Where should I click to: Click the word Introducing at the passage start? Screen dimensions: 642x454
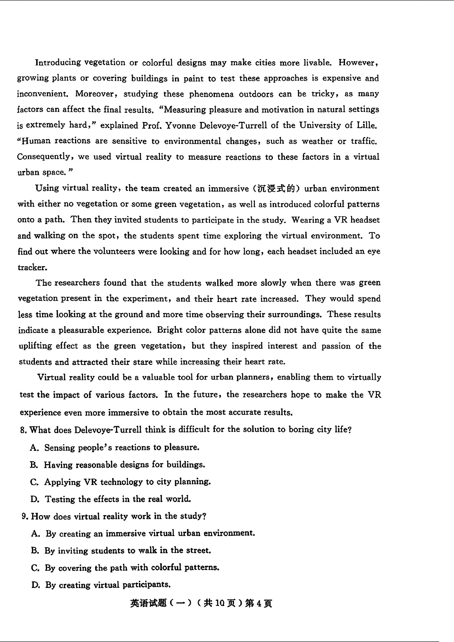(x=58, y=63)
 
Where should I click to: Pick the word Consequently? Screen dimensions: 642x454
(x=45, y=157)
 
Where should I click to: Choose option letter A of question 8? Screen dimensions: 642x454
(x=34, y=448)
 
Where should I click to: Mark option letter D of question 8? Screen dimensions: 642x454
(x=35, y=499)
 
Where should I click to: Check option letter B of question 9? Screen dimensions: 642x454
(x=35, y=551)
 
